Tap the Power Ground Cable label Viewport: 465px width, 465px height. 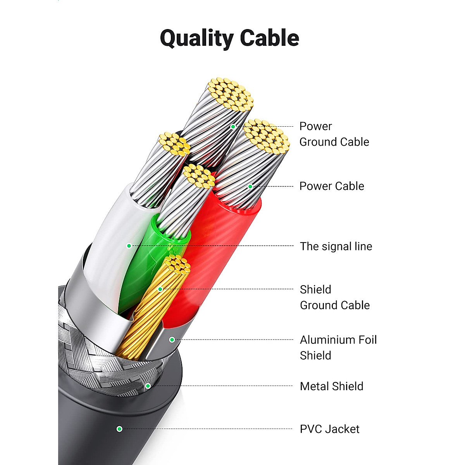point(334,134)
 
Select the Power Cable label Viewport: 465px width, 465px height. point(332,186)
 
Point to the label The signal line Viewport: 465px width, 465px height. point(336,246)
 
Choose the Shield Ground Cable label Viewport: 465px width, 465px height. point(335,297)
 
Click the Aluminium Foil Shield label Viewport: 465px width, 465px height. point(338,348)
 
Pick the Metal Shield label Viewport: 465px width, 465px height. point(332,386)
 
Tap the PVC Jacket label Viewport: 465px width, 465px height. point(329,429)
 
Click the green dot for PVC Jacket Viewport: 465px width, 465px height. point(119,429)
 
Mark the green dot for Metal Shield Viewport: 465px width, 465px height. point(148,386)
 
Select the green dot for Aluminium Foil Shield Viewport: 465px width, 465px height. point(172,340)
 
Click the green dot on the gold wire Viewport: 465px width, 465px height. point(160,289)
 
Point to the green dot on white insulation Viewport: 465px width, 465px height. point(129,246)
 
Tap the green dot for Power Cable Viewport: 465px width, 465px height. point(250,186)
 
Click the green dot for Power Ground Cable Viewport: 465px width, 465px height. point(233,127)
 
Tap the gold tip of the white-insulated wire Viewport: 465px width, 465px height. point(174,143)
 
